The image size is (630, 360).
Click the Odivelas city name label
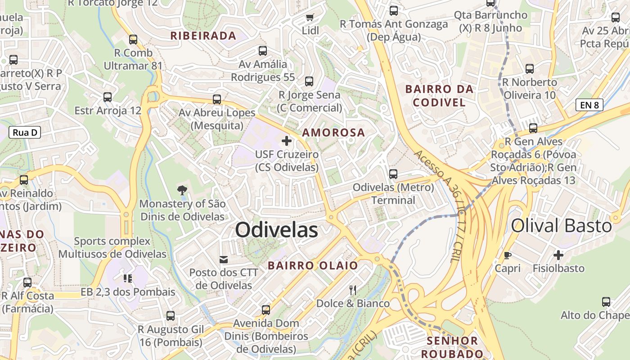[x=276, y=230]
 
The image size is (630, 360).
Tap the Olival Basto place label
[x=561, y=225]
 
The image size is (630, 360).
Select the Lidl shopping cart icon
[x=310, y=18]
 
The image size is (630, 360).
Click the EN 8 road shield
[x=589, y=105]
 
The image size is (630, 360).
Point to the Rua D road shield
[x=25, y=132]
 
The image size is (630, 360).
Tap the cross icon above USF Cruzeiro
[x=287, y=141]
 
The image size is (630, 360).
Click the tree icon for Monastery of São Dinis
[x=182, y=190]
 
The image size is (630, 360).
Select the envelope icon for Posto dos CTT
[x=224, y=259]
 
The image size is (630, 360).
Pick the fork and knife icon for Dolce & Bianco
[x=353, y=290]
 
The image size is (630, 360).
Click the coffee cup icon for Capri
[x=508, y=255]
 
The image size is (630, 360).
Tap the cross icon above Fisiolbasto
[x=558, y=255]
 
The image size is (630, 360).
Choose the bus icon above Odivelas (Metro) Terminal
[x=393, y=174]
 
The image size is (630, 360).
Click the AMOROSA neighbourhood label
[x=333, y=133]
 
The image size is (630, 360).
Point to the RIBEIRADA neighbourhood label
[x=203, y=36]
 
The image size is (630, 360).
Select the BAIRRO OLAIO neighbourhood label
[x=313, y=265]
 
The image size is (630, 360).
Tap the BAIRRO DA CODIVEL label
[x=439, y=95]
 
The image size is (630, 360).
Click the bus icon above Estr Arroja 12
[x=108, y=97]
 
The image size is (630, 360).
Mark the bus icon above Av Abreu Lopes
[x=217, y=99]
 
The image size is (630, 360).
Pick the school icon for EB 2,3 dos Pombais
[x=128, y=279]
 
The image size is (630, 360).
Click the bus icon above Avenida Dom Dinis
[x=266, y=310]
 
